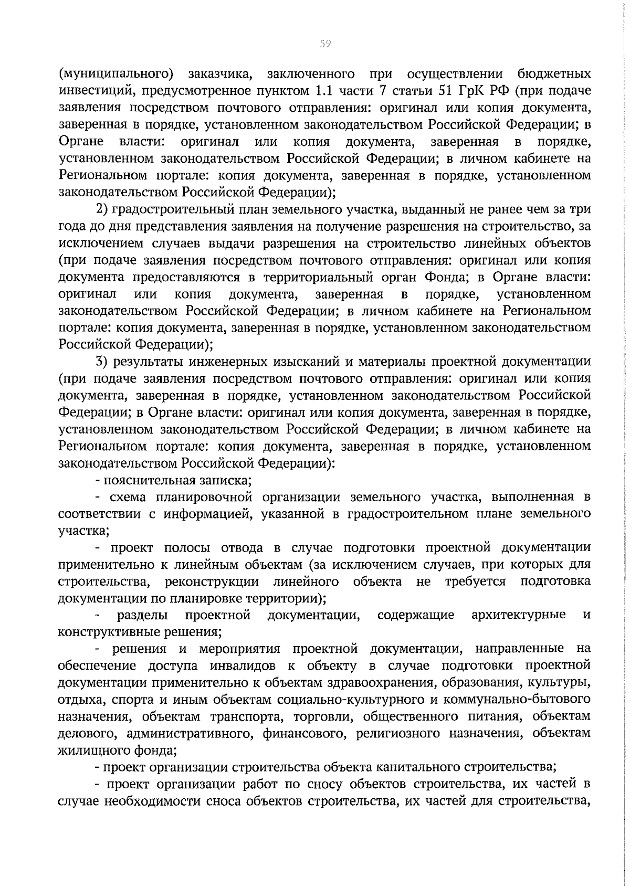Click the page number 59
pos(324,44)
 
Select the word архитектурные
pos(518,615)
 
